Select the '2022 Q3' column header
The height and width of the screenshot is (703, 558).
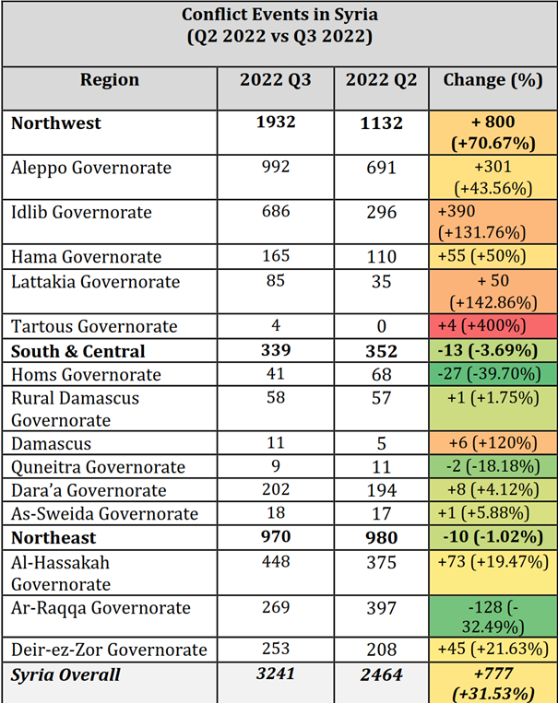tap(275, 80)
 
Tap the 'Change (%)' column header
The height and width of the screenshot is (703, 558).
tap(492, 80)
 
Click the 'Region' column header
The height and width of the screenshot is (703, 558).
tap(110, 80)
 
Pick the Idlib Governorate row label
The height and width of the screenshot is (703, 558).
tap(81, 212)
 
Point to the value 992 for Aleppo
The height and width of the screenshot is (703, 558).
tap(275, 168)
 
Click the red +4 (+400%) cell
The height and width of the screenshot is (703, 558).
tap(492, 327)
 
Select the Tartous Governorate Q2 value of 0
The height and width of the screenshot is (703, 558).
tap(381, 325)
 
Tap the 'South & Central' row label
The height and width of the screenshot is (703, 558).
tap(78, 351)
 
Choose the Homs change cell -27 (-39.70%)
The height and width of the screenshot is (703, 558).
tap(492, 375)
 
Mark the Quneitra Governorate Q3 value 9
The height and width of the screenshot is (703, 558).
tap(275, 467)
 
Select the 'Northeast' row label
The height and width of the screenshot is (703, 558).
tap(53, 537)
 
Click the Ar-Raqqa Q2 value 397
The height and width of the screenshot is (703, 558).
tap(381, 608)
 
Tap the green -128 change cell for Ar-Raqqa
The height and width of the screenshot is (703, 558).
tap(492, 617)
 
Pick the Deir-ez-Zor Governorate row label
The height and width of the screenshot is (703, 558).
tap(97, 650)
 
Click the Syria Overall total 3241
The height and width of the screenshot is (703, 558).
tap(275, 675)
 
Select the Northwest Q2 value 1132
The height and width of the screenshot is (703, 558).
tap(381, 123)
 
